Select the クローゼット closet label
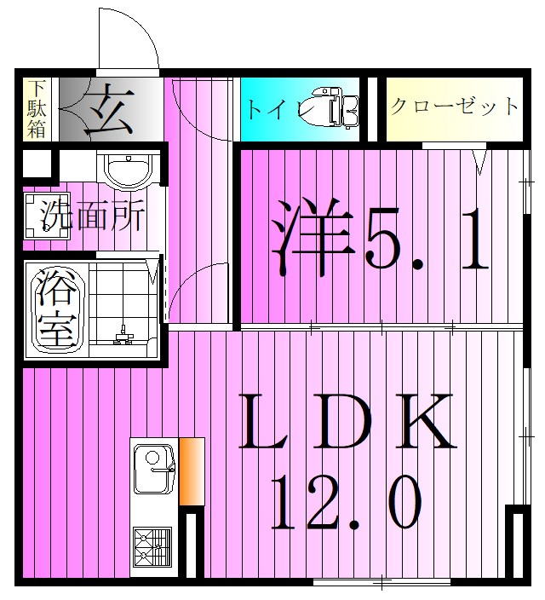[x=454, y=107]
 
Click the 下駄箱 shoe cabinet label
[x=35, y=109]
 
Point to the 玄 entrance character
[x=110, y=111]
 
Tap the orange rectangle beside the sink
[x=192, y=470]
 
